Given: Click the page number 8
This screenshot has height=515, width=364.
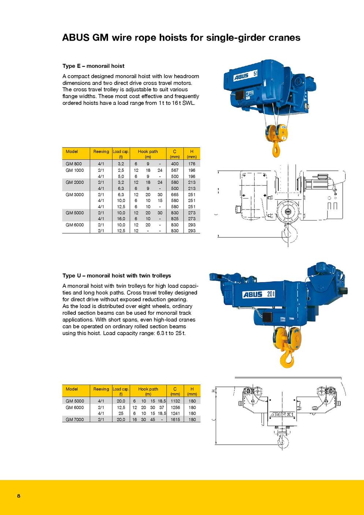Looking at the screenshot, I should click(x=19, y=496).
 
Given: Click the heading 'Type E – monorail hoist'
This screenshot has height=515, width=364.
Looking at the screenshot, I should click(x=93, y=66).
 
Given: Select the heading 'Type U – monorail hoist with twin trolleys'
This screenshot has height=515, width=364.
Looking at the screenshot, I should click(x=116, y=275).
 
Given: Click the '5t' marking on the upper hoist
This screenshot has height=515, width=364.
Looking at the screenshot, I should click(x=255, y=74).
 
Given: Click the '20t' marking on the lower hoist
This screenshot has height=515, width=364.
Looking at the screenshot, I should click(x=271, y=294).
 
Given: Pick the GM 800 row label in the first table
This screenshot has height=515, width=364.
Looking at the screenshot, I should click(x=74, y=164).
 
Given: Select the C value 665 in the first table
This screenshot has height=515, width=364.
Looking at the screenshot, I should click(x=175, y=194).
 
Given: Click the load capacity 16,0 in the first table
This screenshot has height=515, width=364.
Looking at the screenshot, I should click(x=121, y=219).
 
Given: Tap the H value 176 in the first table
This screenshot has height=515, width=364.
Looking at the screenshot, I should click(x=192, y=164).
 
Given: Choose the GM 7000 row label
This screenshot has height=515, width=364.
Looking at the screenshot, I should click(x=75, y=419).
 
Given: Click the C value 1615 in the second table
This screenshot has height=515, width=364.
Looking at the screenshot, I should click(x=175, y=419).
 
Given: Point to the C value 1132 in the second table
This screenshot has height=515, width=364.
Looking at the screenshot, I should click(x=175, y=401).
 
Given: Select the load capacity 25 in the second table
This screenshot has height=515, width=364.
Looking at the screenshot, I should click(x=121, y=413).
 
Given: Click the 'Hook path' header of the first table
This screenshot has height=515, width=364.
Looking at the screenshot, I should click(x=148, y=152).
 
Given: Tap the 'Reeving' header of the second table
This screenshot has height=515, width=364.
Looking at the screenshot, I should click(x=101, y=389).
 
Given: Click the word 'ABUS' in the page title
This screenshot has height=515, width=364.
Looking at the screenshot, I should click(x=75, y=37).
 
